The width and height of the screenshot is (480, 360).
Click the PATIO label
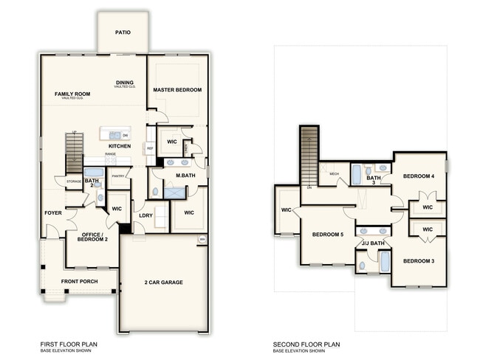click(x=123, y=32)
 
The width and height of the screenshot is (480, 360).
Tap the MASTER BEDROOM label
click(x=177, y=90)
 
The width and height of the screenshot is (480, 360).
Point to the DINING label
click(x=125, y=83)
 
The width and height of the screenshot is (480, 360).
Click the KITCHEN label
click(x=120, y=146)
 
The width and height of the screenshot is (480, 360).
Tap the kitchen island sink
click(x=115, y=135)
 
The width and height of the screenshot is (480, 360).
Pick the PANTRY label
click(x=117, y=176)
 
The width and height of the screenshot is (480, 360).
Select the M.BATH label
click(x=185, y=176)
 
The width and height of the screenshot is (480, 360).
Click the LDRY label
click(x=145, y=215)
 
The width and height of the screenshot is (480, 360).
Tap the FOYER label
click(x=53, y=213)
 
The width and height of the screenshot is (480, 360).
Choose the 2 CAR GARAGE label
click(x=163, y=282)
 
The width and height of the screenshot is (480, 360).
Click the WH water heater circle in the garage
click(x=201, y=240)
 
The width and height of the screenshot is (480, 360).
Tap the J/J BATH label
click(x=372, y=243)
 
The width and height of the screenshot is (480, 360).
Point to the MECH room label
click(x=334, y=174)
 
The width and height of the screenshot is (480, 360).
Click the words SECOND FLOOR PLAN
click(x=306, y=344)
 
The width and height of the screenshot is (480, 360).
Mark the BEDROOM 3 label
click(x=418, y=262)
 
